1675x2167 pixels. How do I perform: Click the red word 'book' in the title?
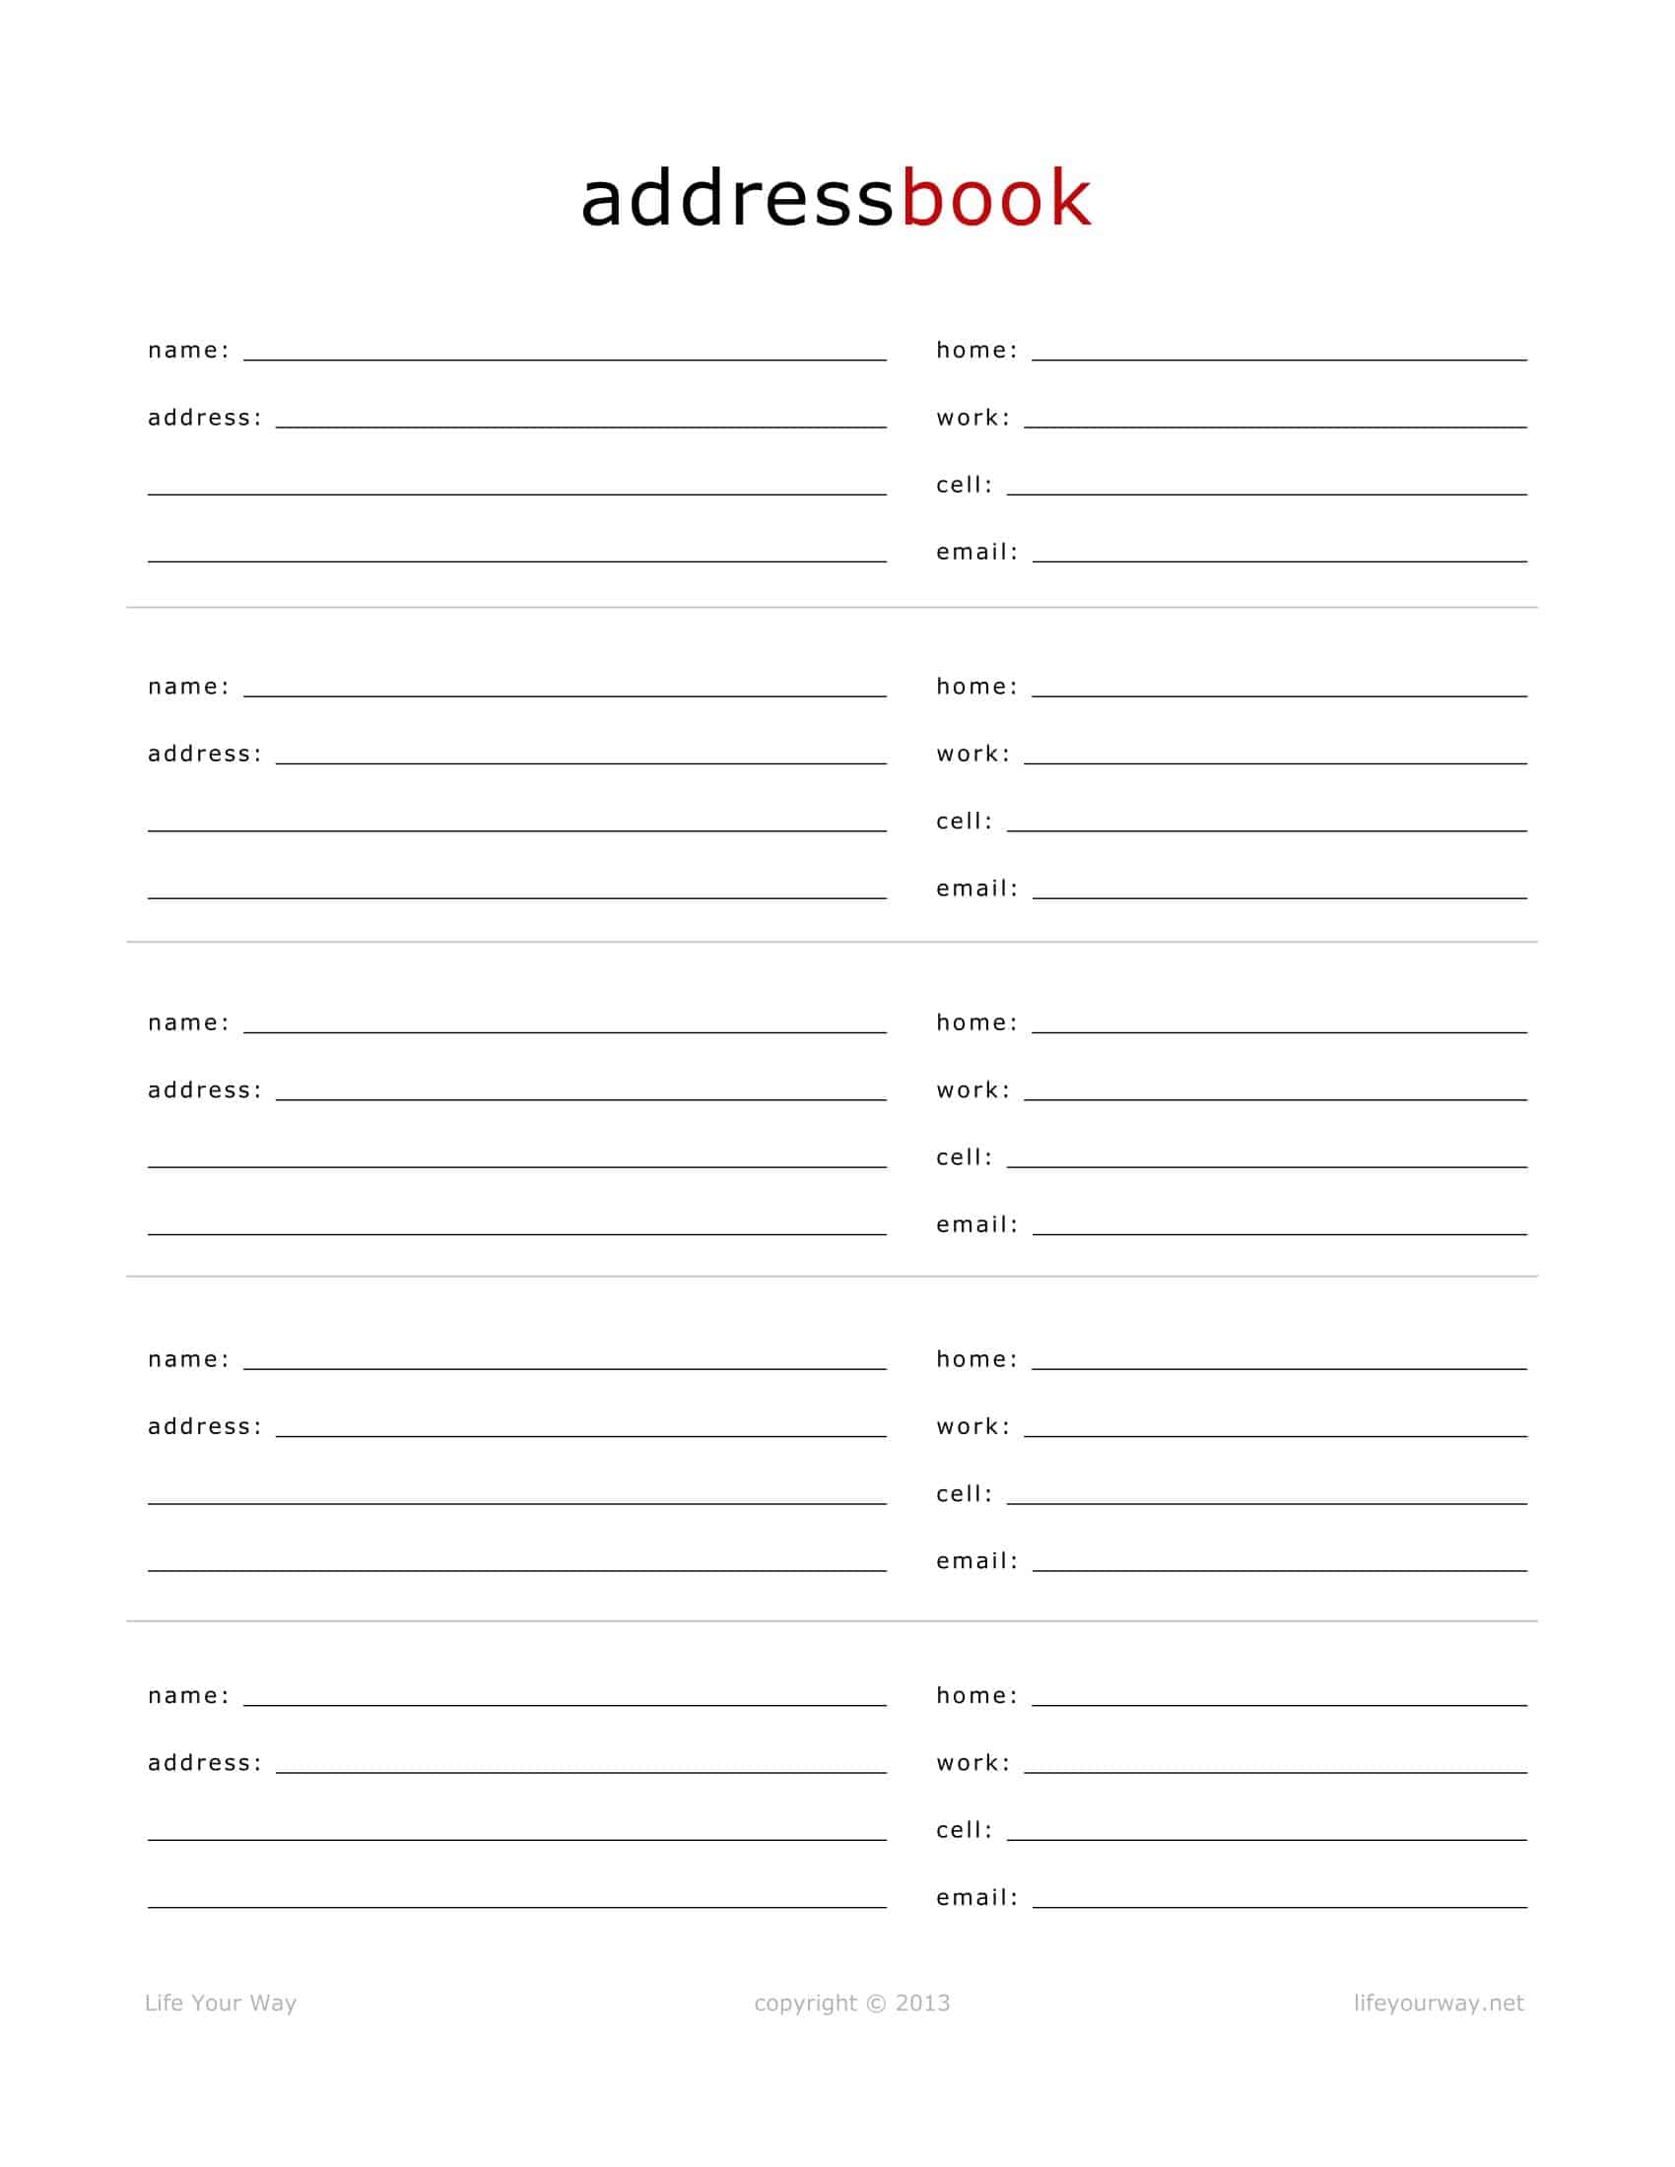995,198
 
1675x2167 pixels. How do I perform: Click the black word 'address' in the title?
737,198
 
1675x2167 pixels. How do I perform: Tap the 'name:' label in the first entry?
188,351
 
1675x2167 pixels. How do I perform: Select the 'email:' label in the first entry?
977,552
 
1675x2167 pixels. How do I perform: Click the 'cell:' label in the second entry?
965,821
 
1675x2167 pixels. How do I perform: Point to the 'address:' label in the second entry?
205,755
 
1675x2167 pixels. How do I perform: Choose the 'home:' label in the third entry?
977,1023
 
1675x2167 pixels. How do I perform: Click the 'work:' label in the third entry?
973,1090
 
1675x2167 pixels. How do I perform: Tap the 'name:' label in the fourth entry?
188,1359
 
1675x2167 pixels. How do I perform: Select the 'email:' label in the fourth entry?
977,1561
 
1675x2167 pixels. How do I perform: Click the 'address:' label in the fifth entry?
205,1763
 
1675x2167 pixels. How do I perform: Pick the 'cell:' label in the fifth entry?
965,1831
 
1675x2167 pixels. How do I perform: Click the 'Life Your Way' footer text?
221,2003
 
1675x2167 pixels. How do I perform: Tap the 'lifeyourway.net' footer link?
1438,2003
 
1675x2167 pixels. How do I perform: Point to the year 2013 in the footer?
923,2003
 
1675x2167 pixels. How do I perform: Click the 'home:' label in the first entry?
977,351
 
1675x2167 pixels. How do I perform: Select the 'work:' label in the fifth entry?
973,1763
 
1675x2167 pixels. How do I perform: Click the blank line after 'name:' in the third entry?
565,1030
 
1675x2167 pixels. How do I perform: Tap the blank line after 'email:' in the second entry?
1279,895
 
